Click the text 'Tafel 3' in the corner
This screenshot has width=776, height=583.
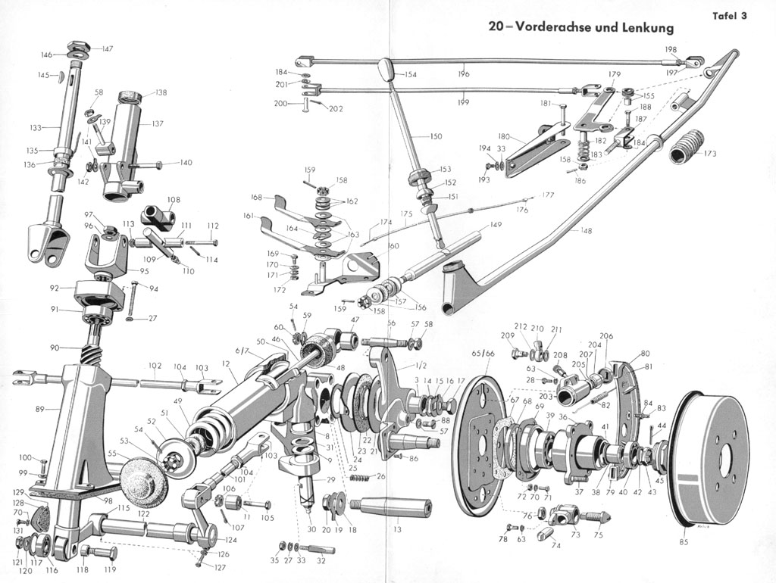pos(729,15)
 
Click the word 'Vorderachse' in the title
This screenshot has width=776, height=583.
pos(557,27)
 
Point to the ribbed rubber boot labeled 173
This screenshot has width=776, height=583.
pos(688,146)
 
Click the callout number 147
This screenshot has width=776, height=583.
pos(107,48)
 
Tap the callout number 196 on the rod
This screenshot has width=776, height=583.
pos(464,74)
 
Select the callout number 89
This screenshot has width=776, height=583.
pos(39,409)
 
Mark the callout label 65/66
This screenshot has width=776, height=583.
pos(483,354)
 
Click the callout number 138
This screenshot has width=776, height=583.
pos(161,92)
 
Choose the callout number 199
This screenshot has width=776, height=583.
pos(463,101)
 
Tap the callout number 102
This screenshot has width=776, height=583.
pos(155,365)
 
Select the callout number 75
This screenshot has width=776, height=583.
pos(599,535)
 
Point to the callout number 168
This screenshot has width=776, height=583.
pos(257,198)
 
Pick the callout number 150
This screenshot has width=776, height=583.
pos(435,136)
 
